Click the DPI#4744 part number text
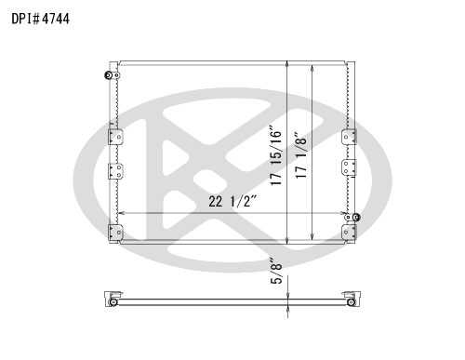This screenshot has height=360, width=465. click(41, 19)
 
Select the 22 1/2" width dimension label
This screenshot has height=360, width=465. click(232, 202)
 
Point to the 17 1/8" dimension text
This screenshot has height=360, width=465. click(300, 155)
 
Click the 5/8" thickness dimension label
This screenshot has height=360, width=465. click(276, 271)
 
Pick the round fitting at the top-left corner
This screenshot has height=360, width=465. click(109, 75)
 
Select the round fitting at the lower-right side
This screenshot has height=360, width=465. click(356, 218)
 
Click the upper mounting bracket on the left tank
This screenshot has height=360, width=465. click(115, 137)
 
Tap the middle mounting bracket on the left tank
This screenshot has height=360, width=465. click(115, 171)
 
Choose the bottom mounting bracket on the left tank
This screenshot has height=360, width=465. click(115, 233)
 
